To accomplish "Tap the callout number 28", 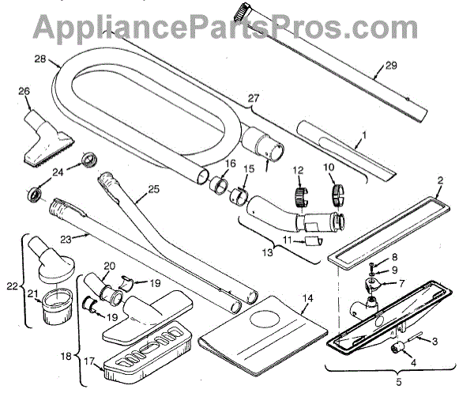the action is [41, 59].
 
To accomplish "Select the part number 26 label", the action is [23, 91].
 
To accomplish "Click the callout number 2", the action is [440, 181].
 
